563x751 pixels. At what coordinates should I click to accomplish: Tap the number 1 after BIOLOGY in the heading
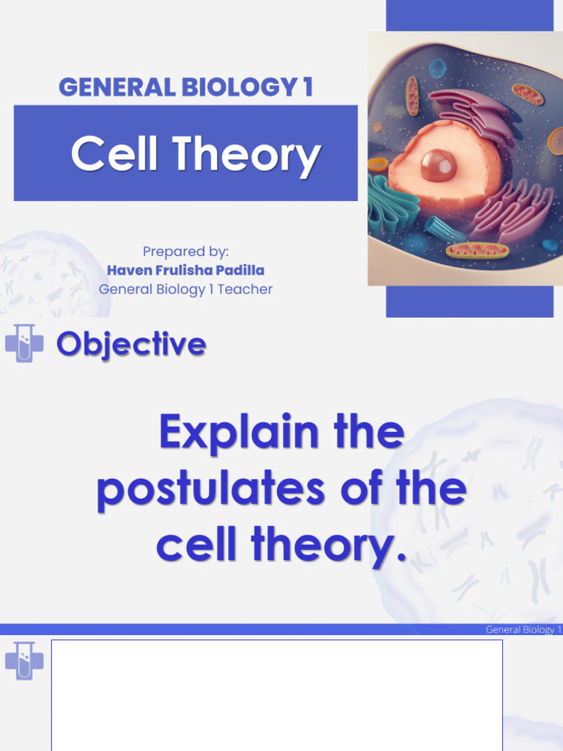coord(306,87)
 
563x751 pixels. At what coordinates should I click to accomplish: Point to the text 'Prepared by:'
coord(185,252)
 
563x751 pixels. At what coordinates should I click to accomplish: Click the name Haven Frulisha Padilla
coord(185,271)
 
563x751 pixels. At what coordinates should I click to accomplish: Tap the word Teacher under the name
coord(245,289)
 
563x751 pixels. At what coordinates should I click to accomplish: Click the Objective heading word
coord(131,343)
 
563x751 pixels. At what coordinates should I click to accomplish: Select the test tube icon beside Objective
coord(24,343)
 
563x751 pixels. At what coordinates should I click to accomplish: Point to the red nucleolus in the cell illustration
coord(438,165)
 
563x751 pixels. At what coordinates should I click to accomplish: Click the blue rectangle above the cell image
coord(469,15)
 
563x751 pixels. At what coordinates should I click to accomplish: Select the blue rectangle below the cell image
coord(469,301)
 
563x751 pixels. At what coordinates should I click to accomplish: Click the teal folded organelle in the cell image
coord(391,202)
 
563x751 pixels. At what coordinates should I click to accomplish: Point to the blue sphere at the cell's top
coord(437,69)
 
